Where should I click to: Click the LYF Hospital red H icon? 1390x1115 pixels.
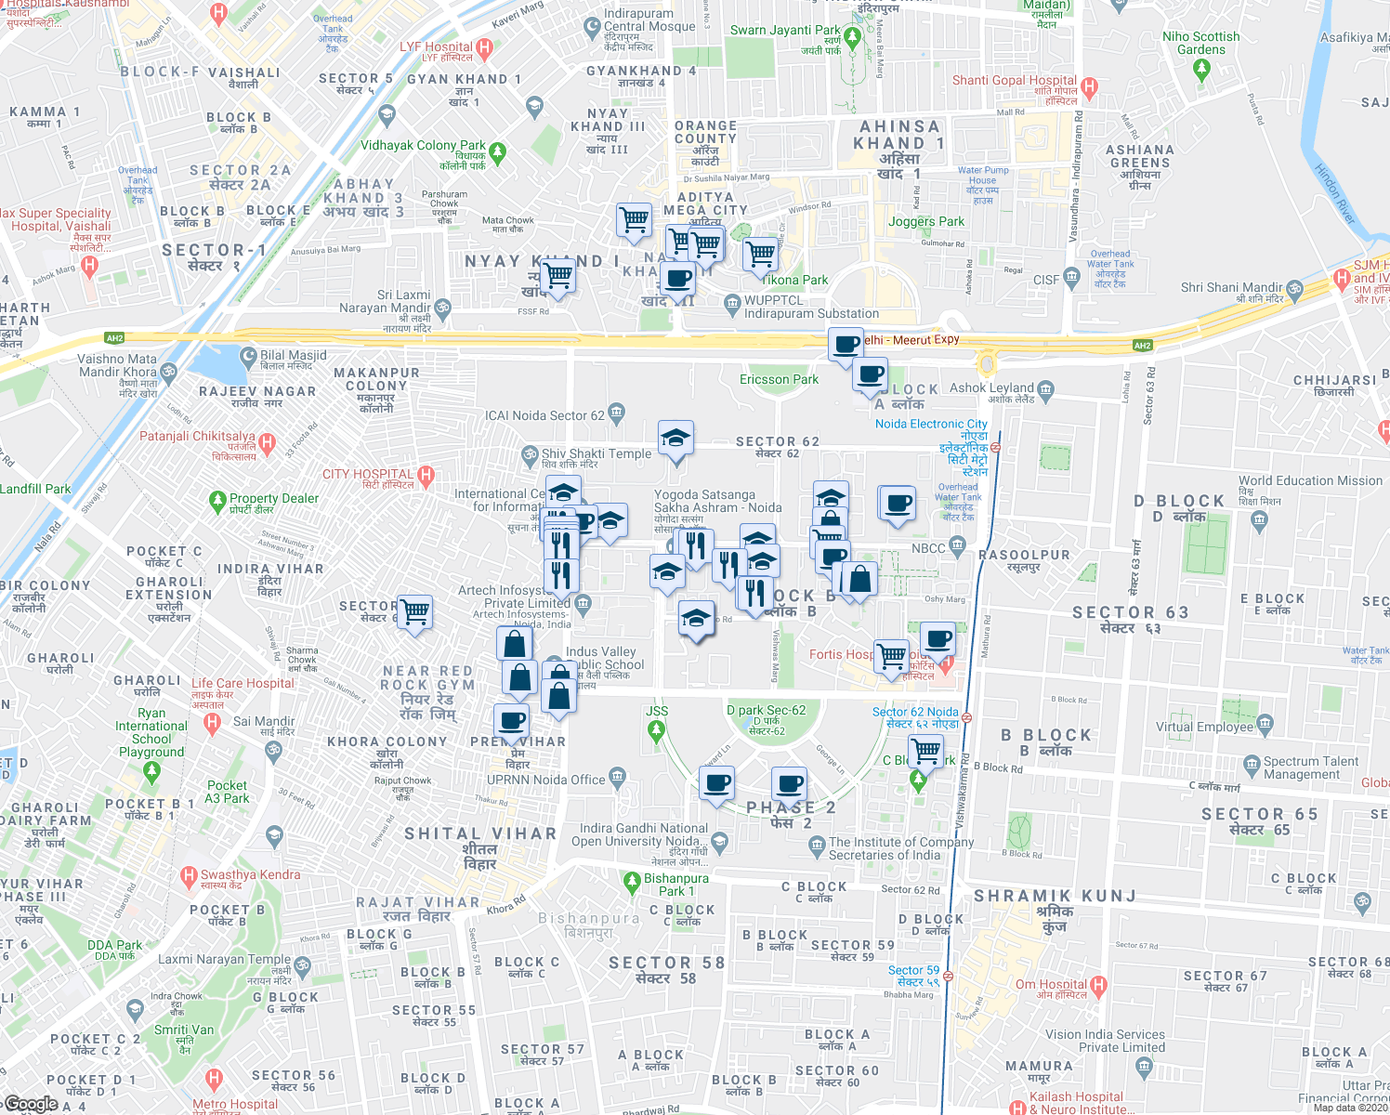[484, 46]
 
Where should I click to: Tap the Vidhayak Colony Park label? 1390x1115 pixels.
[423, 146]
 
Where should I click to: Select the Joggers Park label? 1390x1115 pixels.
[925, 221]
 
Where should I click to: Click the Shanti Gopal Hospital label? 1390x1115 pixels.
[1014, 81]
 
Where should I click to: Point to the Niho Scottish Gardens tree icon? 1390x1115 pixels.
[1201, 69]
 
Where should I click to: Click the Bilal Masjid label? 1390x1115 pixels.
[294, 356]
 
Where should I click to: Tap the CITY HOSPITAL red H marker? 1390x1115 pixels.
[426, 476]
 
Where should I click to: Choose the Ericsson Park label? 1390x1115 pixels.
[779, 379]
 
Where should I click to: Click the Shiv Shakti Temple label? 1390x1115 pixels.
[597, 454]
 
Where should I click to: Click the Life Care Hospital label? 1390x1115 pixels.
[243, 683]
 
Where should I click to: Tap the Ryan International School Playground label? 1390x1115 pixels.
[151, 726]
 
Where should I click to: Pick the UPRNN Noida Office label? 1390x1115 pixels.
[546, 780]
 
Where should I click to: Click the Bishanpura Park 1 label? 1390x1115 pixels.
[676, 885]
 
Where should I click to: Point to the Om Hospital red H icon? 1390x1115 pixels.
[1098, 984]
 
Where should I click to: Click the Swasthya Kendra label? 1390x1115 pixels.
[251, 874]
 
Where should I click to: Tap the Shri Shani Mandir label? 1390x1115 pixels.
[1231, 287]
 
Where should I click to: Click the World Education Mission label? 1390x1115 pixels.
[1310, 480]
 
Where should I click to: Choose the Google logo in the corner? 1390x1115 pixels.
[32, 1104]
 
